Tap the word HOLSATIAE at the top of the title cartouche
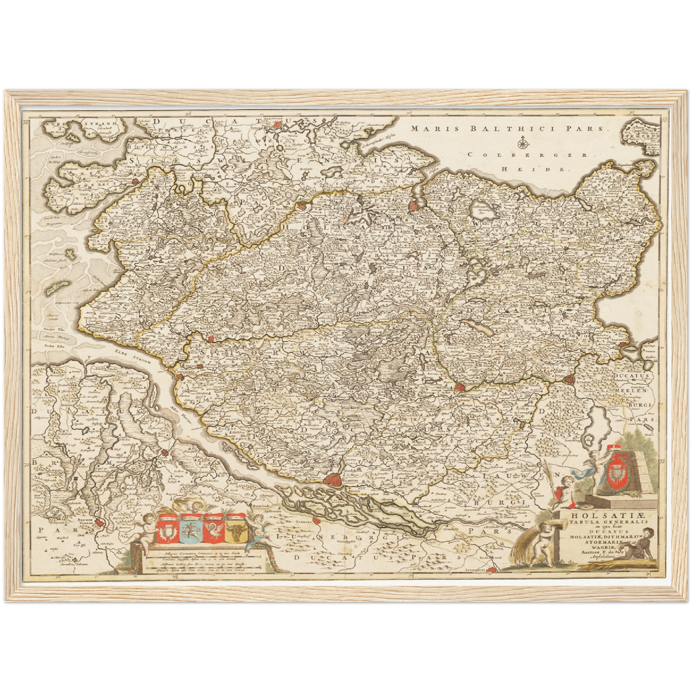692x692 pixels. [x=609, y=515]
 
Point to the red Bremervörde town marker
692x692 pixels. [x=99, y=523]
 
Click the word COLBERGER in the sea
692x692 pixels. [x=528, y=155]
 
